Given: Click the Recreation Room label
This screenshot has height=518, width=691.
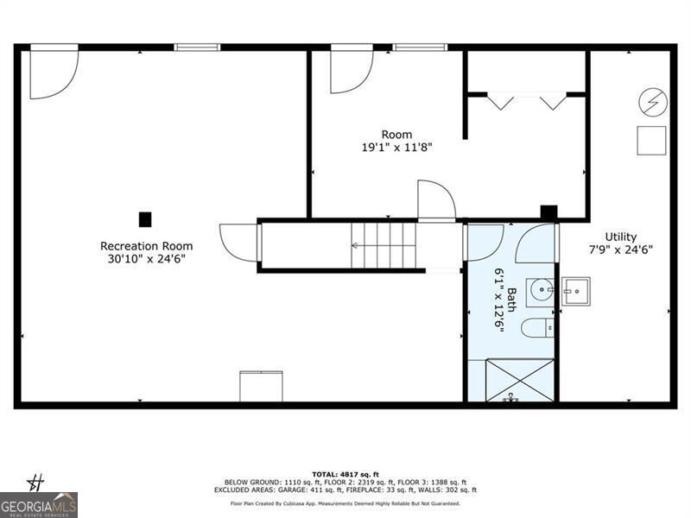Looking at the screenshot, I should (146, 246).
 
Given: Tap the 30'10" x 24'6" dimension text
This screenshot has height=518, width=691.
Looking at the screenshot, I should (146, 258).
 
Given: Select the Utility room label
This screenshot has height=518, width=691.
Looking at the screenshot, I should (620, 237).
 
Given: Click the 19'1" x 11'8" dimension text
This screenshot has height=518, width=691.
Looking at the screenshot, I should (396, 147).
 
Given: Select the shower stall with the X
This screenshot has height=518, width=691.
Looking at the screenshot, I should (510, 380).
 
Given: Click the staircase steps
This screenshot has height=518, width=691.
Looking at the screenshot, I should (384, 245).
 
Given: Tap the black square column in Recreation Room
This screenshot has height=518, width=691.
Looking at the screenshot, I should (145, 219).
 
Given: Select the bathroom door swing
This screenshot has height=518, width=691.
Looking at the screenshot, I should (536, 243).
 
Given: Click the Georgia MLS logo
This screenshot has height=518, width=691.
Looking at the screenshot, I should (39, 503).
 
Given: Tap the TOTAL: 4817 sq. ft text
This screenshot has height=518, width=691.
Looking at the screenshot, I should (345, 474).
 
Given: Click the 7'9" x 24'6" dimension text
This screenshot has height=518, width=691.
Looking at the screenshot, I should (620, 250).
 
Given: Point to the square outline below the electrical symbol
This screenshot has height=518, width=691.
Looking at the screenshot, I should (651, 140).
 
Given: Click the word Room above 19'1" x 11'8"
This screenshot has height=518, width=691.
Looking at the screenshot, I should (396, 135).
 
